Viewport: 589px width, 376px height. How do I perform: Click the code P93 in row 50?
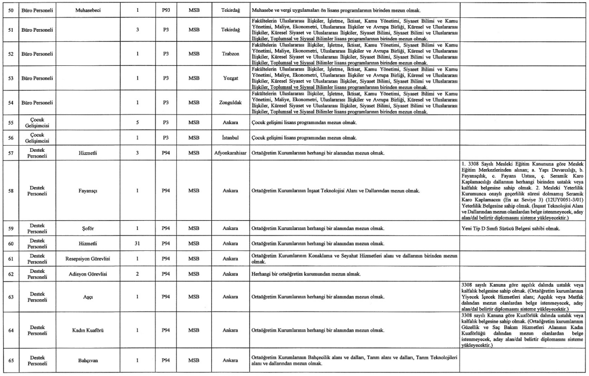click(x=166, y=10)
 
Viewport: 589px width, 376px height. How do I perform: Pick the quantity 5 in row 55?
click(x=138, y=123)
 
